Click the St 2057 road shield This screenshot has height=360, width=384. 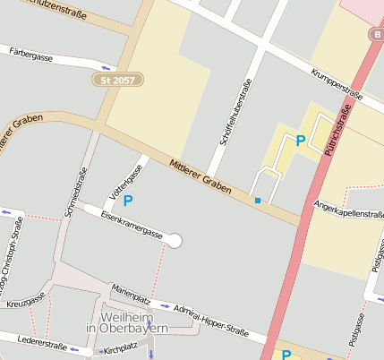coord(118,81)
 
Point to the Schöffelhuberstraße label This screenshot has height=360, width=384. coord(235,112)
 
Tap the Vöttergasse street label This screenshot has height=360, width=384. coord(125,181)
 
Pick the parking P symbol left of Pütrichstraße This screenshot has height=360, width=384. coord(301,141)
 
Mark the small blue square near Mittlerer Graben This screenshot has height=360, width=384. coord(258,201)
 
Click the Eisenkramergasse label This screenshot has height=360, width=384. coord(132,225)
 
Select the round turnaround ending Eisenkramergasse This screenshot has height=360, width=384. coord(175,240)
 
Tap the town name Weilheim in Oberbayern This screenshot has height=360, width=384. coord(126,323)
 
